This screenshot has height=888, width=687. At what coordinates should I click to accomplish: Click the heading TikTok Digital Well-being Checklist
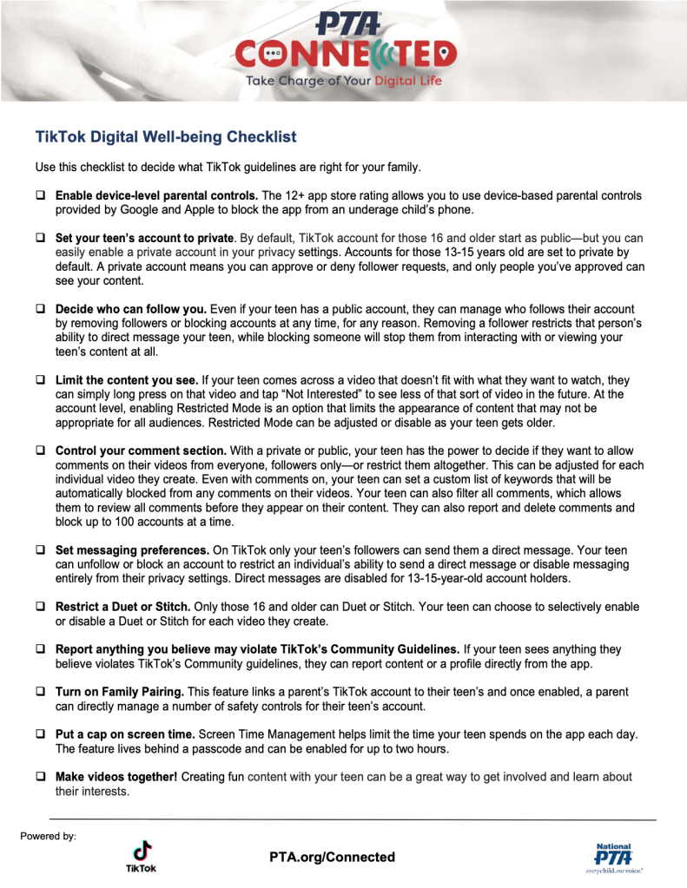click(166, 137)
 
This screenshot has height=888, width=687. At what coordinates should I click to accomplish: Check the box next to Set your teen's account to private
click(40, 237)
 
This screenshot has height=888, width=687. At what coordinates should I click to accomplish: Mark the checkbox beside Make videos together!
click(40, 776)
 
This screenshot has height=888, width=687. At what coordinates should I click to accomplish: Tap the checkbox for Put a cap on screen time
click(40, 733)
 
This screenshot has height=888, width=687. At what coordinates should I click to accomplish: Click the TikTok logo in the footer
click(142, 854)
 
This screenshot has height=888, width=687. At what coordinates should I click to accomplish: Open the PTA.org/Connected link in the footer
click(332, 857)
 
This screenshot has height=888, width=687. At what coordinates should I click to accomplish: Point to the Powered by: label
click(48, 836)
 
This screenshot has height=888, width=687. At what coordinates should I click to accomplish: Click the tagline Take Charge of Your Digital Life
click(344, 82)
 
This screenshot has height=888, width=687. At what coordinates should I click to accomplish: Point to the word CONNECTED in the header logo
click(345, 54)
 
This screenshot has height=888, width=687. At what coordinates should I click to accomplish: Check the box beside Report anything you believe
click(40, 648)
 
